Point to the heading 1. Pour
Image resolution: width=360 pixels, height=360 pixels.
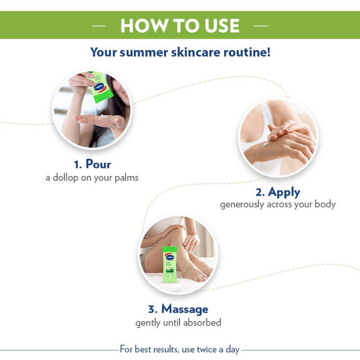coord(92,163)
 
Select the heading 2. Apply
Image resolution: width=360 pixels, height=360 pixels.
coord(278,192)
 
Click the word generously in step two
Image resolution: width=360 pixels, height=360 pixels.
coord(241,204)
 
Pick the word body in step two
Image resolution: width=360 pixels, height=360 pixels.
coord(325,204)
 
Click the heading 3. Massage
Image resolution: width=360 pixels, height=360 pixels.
coord(178,309)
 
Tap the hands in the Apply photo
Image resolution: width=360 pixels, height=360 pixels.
coord(283,139)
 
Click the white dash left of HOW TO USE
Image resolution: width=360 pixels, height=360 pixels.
coord(98,26)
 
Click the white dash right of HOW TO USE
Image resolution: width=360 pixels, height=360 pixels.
coord(261,26)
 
